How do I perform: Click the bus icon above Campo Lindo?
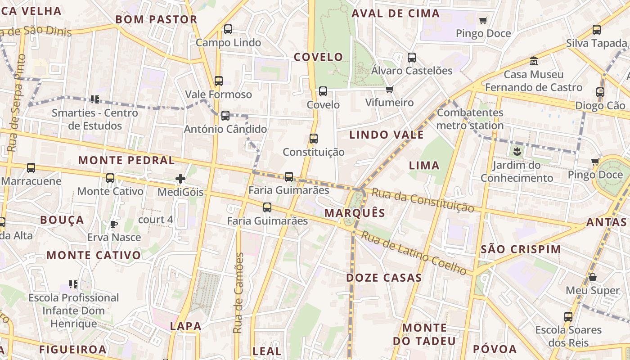tap(228, 29)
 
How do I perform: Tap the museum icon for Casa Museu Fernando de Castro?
tap(534, 60)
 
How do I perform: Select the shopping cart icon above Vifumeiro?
tap(389, 89)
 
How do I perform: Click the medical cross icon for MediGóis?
tap(180, 179)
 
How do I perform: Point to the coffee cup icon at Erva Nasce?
tap(114, 224)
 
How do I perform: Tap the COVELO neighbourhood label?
tap(318, 57)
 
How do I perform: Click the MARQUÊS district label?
tap(355, 213)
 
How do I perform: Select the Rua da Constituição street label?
tap(423, 200)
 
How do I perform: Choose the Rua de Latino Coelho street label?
tap(414, 253)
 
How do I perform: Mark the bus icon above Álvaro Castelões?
tap(412, 58)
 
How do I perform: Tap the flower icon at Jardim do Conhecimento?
tap(517, 152)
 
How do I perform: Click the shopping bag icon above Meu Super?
tap(593, 277)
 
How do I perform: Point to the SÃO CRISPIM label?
tap(521, 249)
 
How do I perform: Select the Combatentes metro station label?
tap(470, 119)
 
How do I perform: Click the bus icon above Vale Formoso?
tap(219, 81)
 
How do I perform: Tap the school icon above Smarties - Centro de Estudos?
tap(94, 99)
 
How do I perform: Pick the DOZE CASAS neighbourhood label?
tap(384, 278)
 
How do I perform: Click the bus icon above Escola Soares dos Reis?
tap(568, 316)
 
